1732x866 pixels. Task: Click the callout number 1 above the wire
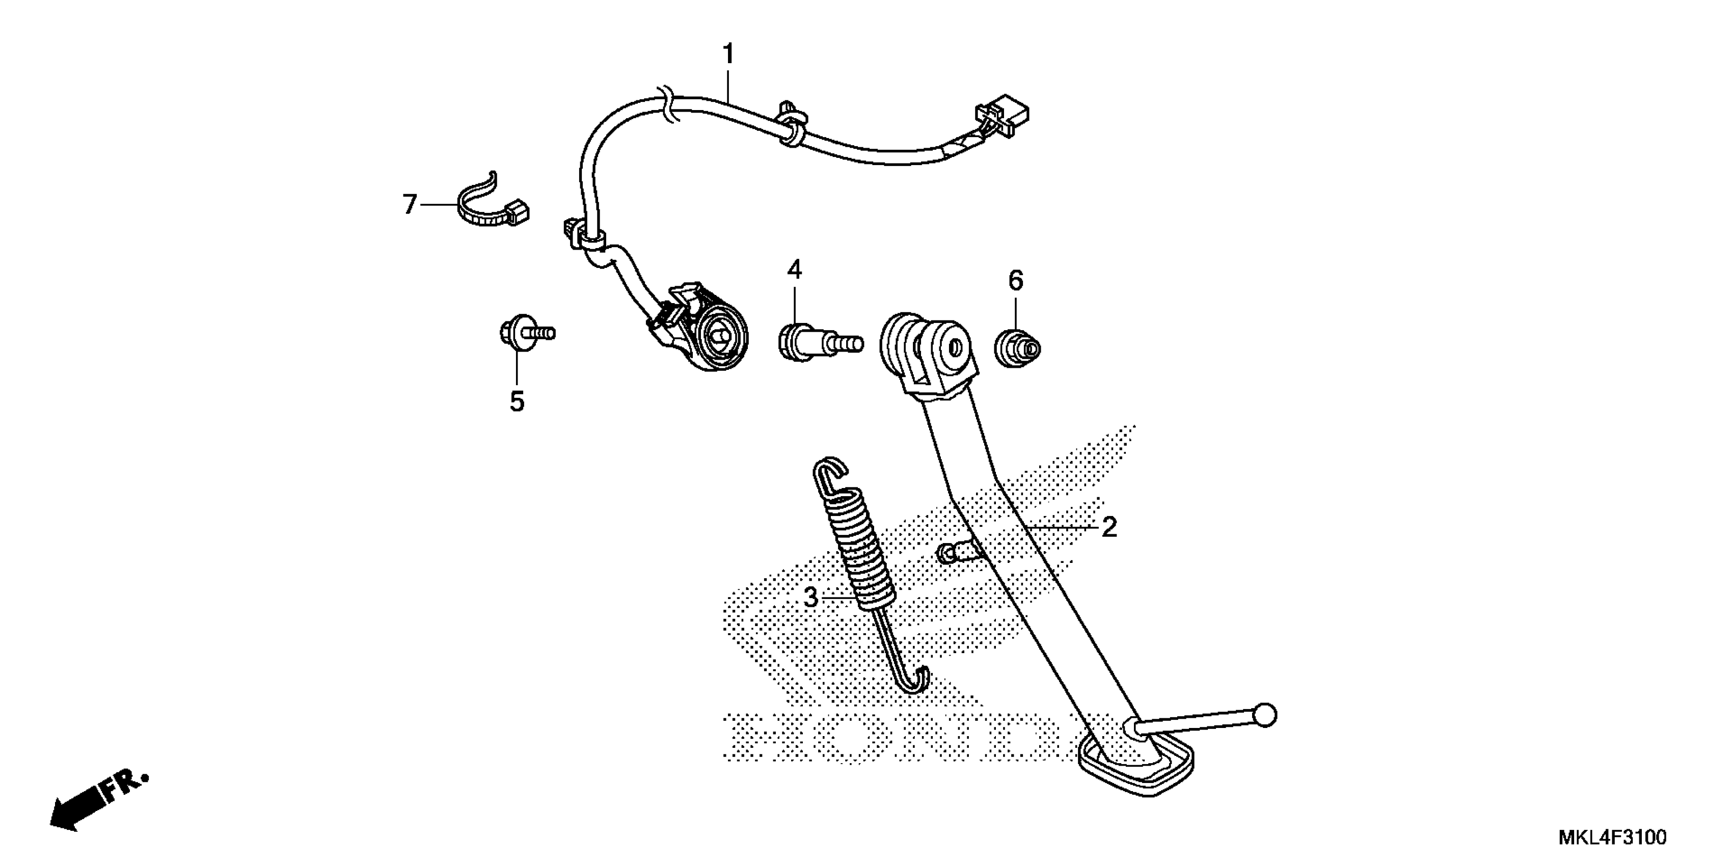(728, 54)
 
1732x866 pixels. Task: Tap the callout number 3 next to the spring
(811, 597)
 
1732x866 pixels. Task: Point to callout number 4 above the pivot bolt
(795, 270)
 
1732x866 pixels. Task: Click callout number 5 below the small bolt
(517, 401)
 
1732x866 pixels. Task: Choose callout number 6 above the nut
(1015, 280)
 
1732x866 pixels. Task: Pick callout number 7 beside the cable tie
(410, 204)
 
